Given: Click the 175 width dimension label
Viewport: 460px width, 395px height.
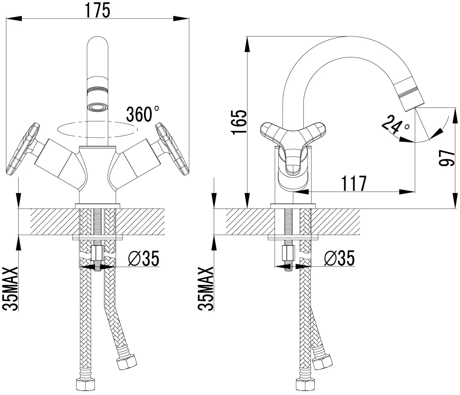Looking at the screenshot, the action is point(98,10).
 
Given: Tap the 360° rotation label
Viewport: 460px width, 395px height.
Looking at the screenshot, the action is point(143,114).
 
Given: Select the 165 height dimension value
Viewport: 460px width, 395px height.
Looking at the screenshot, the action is point(239,122).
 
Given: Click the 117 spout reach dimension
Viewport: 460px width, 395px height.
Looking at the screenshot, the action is point(353,183).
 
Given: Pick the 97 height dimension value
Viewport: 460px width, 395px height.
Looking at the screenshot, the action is point(447,157).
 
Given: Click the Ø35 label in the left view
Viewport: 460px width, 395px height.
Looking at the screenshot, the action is point(144,258).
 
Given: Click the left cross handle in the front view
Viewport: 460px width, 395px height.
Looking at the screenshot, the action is point(23,149).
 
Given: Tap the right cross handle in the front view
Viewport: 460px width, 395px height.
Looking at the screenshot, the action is point(172,149).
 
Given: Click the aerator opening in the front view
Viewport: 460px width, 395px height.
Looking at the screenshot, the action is point(98,107).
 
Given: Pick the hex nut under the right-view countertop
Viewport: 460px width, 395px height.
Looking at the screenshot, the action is point(288,253).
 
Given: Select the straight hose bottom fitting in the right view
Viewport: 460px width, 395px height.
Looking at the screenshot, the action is point(305,384).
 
